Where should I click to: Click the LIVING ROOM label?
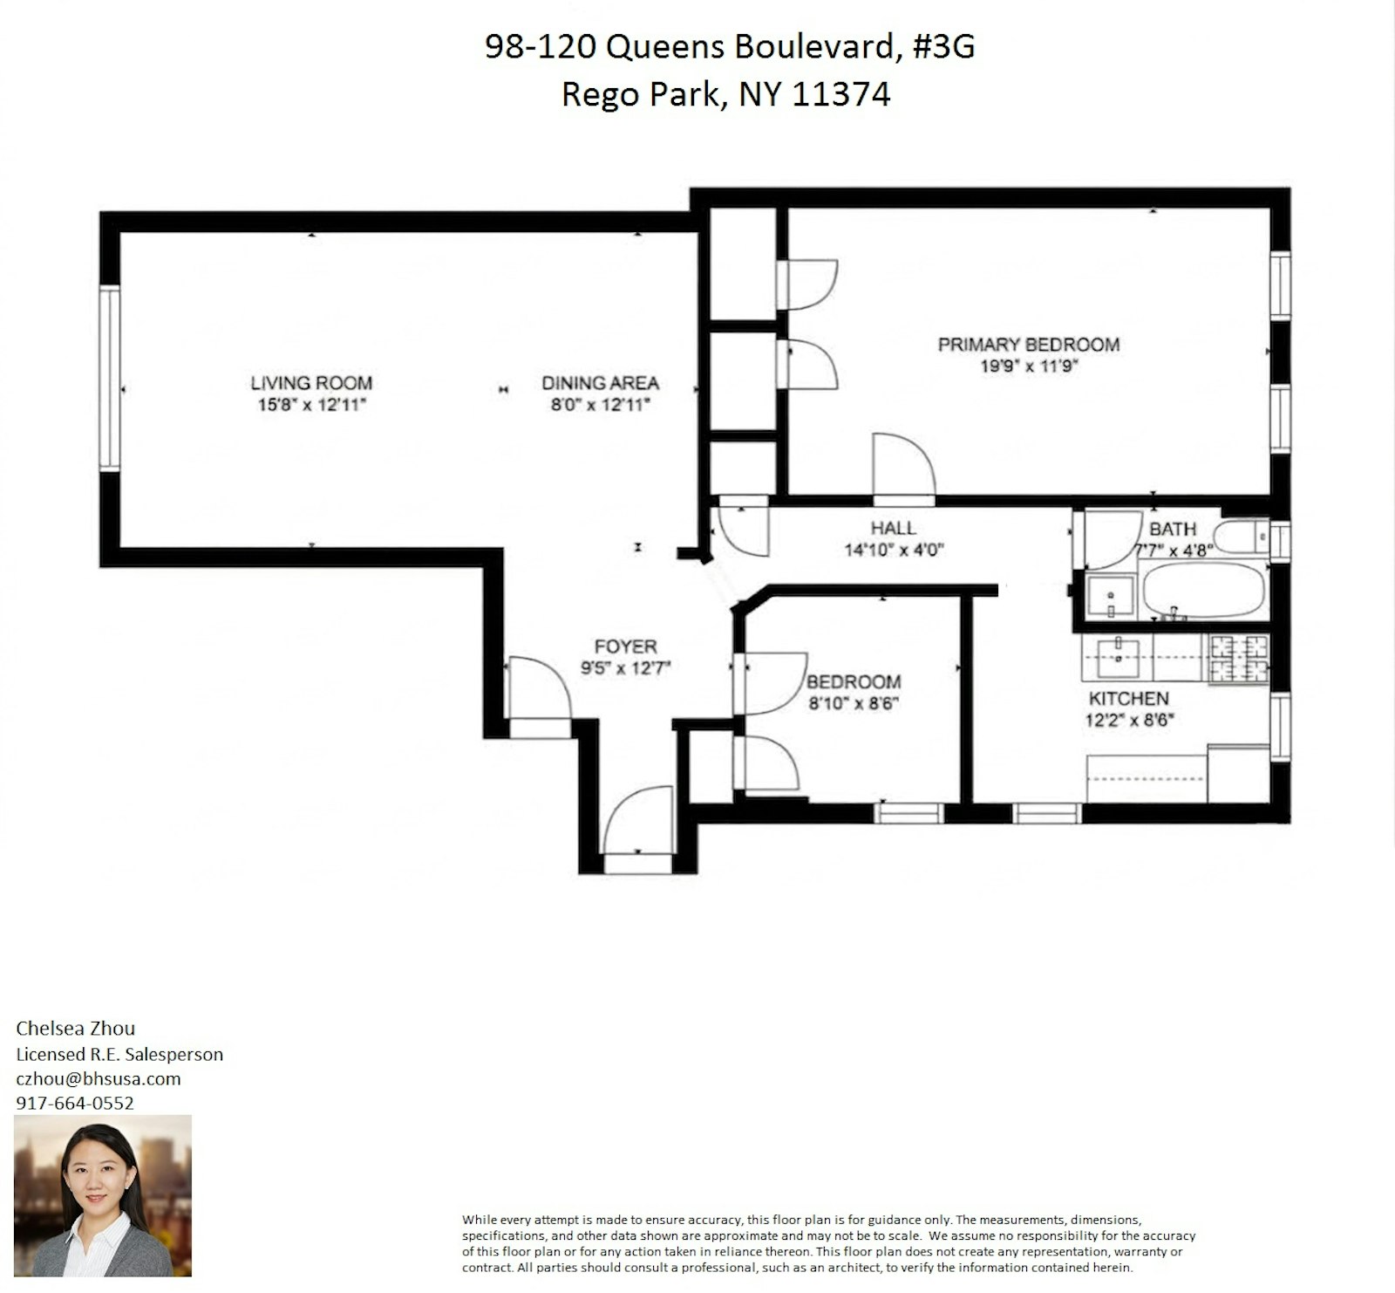[311, 382]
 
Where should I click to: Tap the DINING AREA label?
[600, 382]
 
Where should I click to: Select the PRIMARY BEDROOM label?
[1029, 344]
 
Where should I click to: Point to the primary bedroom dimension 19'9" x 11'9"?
[1029, 366]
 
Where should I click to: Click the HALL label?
[893, 528]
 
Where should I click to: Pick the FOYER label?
[625, 646]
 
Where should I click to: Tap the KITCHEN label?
[1128, 698]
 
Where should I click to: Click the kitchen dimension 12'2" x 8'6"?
[1130, 720]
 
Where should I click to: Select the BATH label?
[1173, 529]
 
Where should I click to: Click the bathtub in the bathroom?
[1202, 591]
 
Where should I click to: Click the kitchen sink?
[1117, 657]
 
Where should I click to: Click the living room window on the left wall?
[109, 380]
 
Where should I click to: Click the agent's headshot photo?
[103, 1195]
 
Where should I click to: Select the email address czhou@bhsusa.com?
[99, 1078]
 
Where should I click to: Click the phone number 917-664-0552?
[75, 1103]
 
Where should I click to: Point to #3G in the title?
[943, 46]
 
